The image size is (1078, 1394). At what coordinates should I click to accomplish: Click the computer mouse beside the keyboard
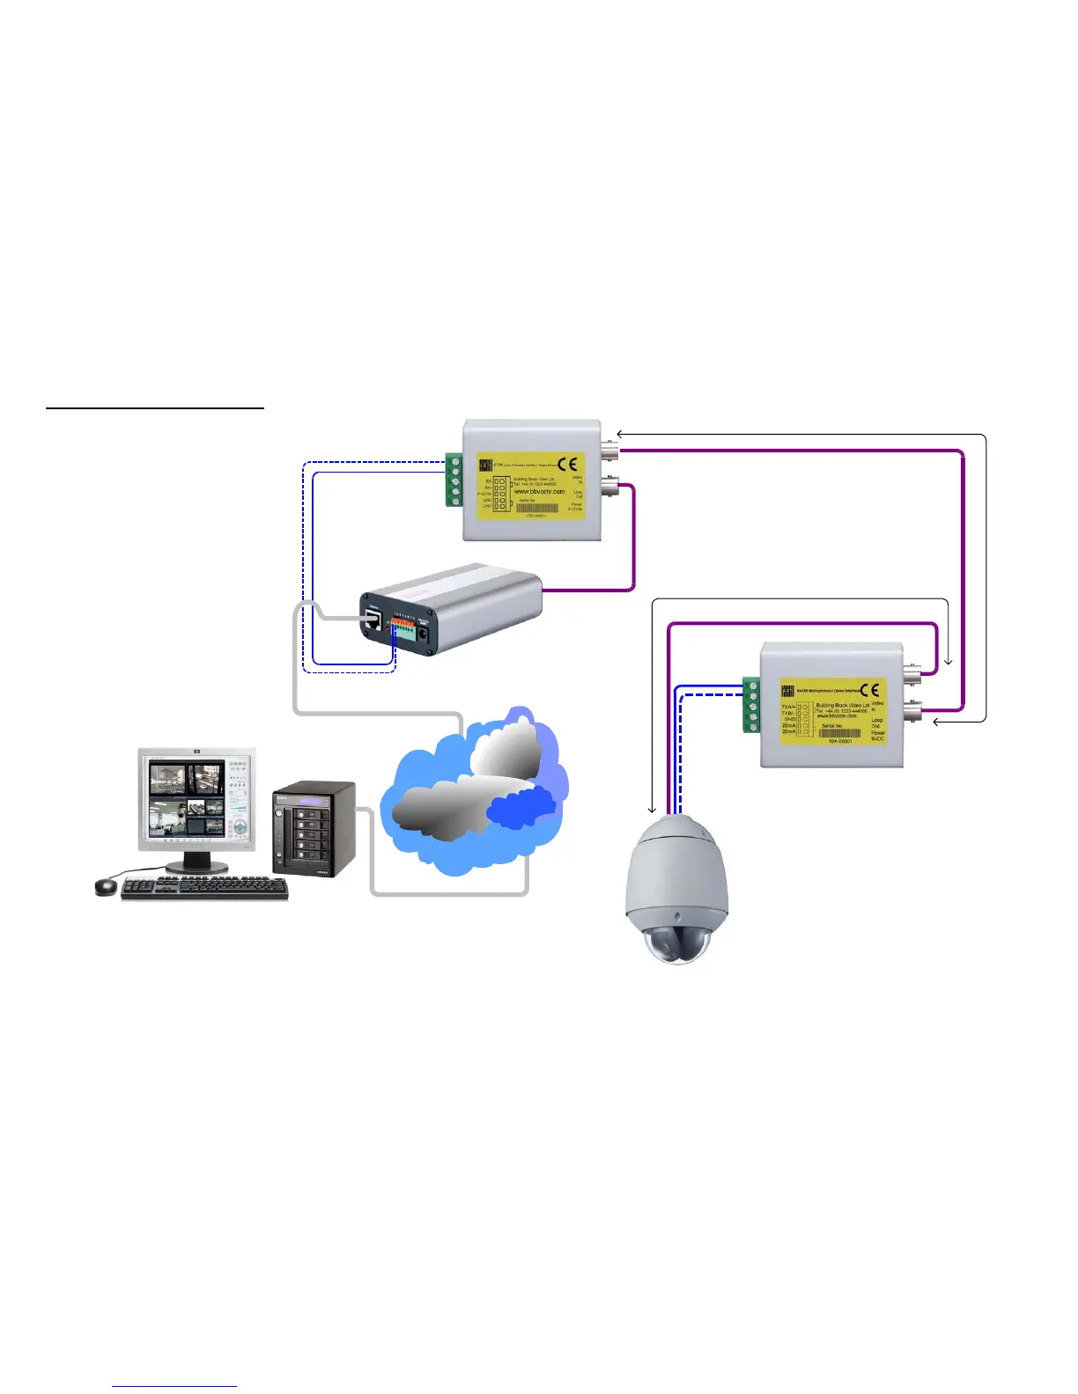(106, 886)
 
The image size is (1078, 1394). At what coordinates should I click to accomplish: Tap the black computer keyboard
(204, 888)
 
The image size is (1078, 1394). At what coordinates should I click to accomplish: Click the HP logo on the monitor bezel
(196, 752)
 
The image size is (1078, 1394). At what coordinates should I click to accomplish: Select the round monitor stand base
(196, 867)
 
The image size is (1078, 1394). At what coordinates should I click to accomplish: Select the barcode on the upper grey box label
(537, 508)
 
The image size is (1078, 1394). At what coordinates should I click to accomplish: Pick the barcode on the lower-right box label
(839, 733)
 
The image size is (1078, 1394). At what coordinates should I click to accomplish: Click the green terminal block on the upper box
(454, 480)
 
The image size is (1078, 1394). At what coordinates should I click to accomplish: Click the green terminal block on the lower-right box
(751, 705)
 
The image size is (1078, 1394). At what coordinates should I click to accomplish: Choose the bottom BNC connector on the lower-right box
(912, 708)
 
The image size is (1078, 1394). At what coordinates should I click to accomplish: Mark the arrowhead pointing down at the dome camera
(653, 810)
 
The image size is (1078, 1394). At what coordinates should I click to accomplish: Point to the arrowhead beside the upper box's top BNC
(620, 434)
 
